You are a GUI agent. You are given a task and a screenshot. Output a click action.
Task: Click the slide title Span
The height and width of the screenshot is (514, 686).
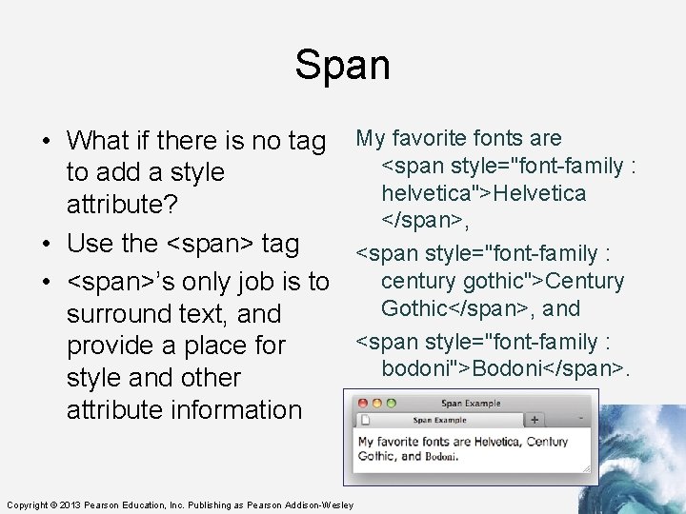(x=342, y=65)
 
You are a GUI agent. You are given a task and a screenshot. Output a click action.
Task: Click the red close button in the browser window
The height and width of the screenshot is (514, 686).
(x=361, y=405)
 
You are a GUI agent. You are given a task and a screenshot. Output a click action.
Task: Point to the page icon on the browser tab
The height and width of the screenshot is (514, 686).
(x=366, y=419)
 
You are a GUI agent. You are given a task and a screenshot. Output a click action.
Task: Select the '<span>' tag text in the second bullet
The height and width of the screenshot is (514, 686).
(x=211, y=244)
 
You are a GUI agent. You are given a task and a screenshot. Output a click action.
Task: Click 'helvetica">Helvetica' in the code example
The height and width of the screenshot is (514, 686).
(x=484, y=193)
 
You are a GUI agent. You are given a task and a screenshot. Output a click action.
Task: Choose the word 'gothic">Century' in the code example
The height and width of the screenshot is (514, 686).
(x=503, y=282)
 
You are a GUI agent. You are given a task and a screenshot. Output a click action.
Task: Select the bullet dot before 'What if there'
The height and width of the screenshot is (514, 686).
(x=46, y=142)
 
